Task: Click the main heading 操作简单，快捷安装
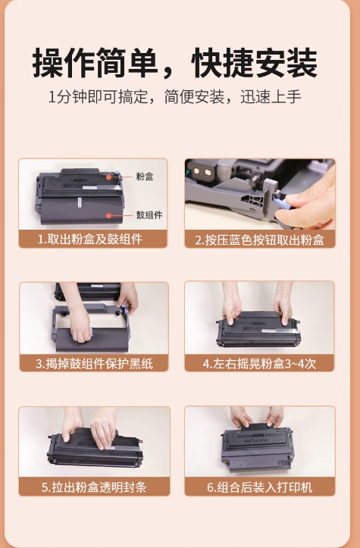coord(175,63)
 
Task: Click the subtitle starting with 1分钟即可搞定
coord(175,97)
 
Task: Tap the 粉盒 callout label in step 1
coord(145,177)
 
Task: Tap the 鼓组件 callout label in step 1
coord(149,215)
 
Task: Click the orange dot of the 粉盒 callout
coord(109,177)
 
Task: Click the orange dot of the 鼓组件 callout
coord(109,215)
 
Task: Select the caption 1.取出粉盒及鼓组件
coord(90,240)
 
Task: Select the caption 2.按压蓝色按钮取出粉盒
coord(259,240)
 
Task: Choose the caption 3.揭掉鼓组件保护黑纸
coord(94,364)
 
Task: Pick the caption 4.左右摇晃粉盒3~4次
coord(259,364)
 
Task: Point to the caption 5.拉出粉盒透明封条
coord(94,487)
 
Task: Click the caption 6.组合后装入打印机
coord(259,487)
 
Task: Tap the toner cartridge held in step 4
coord(258,329)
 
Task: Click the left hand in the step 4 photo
coord(231,303)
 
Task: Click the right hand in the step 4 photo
coord(283,303)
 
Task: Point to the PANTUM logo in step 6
coord(258,441)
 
